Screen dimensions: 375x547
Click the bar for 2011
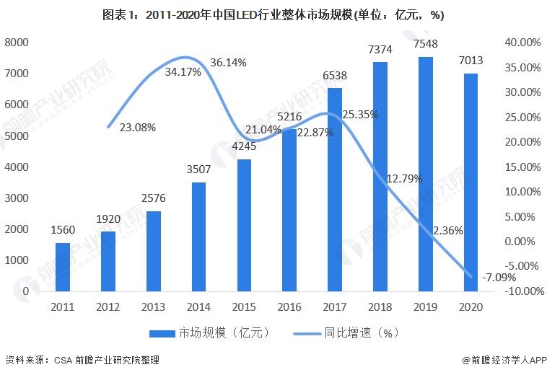[63, 267]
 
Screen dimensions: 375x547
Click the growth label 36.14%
[228, 63]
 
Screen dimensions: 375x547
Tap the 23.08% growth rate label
[137, 127]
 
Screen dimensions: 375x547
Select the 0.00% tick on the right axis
[522, 242]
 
